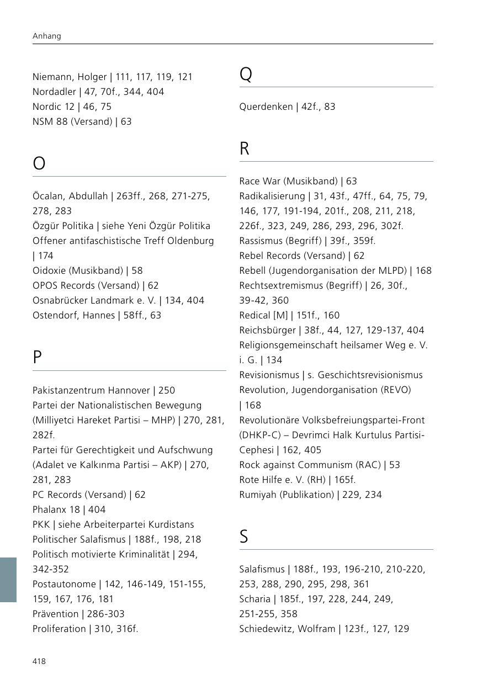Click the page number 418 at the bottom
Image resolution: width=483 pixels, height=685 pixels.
pos(39,661)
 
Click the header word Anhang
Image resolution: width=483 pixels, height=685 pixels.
pos(47,36)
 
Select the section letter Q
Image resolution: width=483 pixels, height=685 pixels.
pos(246,74)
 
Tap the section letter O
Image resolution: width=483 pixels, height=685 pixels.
pos(39,163)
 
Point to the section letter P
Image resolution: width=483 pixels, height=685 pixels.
pos(38,357)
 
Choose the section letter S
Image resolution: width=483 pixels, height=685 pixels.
pos(244,537)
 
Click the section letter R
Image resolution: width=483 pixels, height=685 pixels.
pos(245,148)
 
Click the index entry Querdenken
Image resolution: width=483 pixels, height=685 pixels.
pos(266,107)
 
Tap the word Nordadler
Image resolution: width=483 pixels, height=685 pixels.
pos(54,92)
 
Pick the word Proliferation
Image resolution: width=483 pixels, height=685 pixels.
pos(59,629)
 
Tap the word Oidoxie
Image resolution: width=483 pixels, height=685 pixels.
pos(51,270)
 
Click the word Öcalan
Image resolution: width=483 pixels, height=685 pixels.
pos(49,196)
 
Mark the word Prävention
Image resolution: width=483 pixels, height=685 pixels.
pos(56,614)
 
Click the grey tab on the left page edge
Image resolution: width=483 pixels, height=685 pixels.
pos(8,580)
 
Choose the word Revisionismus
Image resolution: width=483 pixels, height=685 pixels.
pos(268,375)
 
